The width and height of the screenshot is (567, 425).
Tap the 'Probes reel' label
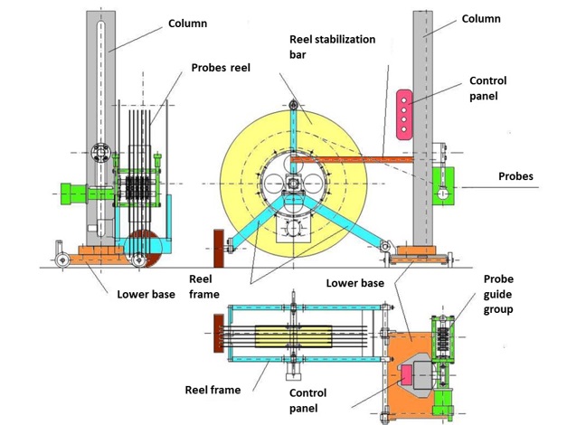[x=221, y=66]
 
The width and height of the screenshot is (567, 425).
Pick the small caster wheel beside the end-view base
[x=61, y=260]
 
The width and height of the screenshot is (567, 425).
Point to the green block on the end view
[x=76, y=193]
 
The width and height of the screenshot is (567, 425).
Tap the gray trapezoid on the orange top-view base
[x=413, y=373]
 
